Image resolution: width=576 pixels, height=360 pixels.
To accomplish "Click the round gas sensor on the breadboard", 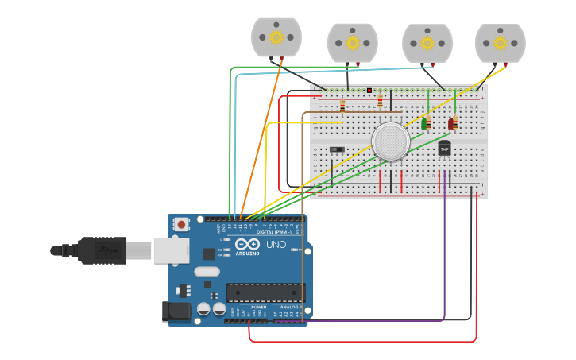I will (x=391, y=141).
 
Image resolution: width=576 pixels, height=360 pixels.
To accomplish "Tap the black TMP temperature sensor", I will (x=444, y=149).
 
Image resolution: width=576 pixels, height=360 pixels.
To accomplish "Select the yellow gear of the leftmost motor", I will (x=276, y=37).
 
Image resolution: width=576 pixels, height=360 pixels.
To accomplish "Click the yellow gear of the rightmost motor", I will (x=501, y=42).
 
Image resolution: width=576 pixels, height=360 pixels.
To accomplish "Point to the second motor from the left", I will (x=352, y=43).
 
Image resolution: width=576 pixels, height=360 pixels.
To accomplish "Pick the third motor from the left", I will (x=427, y=43).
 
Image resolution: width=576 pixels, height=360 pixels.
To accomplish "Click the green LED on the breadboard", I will (x=426, y=123).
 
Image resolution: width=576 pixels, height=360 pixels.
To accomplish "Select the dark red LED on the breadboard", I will (x=452, y=124).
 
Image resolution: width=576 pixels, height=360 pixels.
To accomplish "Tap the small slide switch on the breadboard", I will (x=337, y=149).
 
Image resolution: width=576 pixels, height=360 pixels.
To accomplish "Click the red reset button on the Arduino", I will (x=182, y=225).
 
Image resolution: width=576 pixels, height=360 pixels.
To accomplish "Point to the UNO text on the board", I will (x=276, y=245).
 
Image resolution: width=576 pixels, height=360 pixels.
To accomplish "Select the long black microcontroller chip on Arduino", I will (x=265, y=292).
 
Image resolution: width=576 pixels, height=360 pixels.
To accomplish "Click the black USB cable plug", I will (x=99, y=250).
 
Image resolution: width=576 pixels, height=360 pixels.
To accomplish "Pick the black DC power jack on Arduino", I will (x=177, y=312).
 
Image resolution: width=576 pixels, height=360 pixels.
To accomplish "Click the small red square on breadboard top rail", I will (x=369, y=91).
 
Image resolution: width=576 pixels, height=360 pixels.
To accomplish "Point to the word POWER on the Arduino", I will (x=259, y=307).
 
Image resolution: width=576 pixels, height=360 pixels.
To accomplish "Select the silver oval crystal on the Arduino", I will (x=207, y=271).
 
